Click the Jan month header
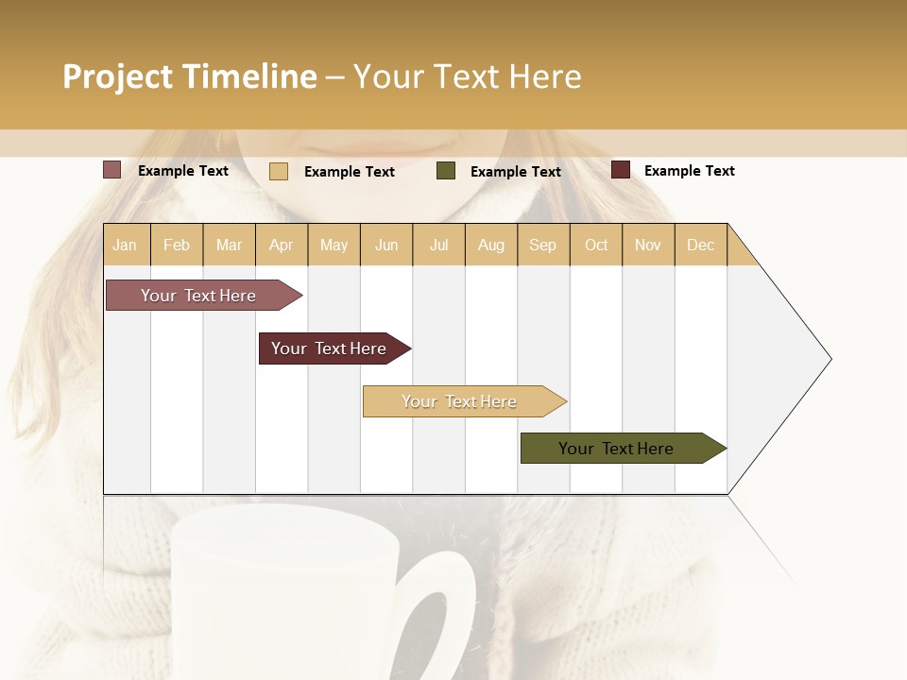[126, 245]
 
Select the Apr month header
[282, 245]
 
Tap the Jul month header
[438, 245]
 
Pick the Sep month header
[542, 245]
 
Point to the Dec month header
[700, 245]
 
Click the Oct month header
[595, 245]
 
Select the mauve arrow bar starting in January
[198, 296]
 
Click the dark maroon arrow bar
[329, 348]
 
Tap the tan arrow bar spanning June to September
[459, 401]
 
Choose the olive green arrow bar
[616, 449]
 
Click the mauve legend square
[111, 170]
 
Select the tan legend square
[278, 171]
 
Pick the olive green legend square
[446, 170]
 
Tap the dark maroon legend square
[620, 170]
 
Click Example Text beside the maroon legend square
[689, 170]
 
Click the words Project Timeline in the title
[189, 76]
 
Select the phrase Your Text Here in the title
[467, 76]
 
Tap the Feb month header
[177, 245]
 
